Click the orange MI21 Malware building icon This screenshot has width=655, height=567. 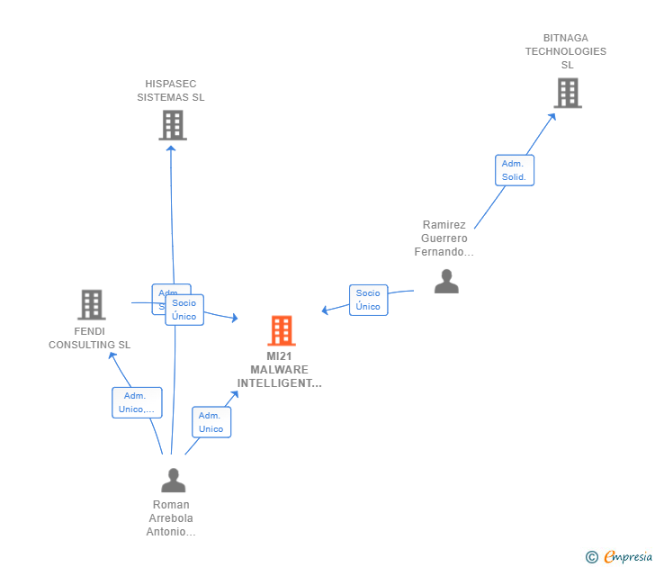coord(282,331)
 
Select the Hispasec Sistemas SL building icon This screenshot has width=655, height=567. coord(173,125)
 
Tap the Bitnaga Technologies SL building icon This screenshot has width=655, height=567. coord(568,93)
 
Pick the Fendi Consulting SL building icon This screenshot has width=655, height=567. coord(91,305)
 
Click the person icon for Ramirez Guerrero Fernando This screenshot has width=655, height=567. coord(446,282)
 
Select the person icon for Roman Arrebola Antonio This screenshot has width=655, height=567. coord(173,481)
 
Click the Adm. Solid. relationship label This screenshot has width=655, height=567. coord(515,170)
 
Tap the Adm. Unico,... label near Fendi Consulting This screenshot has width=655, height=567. coord(137,402)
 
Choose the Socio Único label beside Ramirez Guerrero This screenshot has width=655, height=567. coord(368,300)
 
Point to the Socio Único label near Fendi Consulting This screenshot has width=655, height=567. coord(184,310)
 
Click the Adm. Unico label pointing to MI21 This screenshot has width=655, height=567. coord(211,422)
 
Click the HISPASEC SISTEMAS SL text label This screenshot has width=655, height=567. coord(171,90)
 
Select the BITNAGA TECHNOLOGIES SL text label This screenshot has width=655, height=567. coord(566,51)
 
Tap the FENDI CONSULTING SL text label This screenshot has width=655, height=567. coord(90,337)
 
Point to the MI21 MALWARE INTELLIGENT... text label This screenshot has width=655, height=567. coord(279,370)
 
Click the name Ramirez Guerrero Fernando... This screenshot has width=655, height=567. coord(444,238)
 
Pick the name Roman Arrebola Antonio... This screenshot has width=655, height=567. coord(171,518)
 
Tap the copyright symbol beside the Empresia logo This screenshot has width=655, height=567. coord(591,557)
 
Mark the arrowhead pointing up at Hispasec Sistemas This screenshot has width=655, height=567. coord(171,148)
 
